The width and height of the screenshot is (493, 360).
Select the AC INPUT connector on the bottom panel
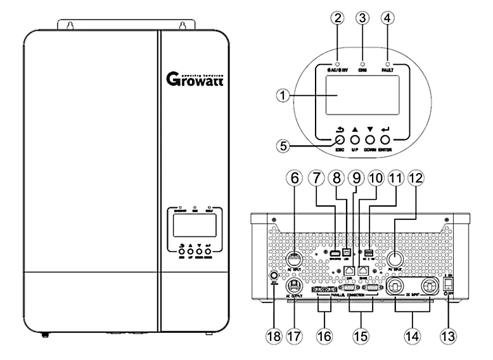pos(293,259)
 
